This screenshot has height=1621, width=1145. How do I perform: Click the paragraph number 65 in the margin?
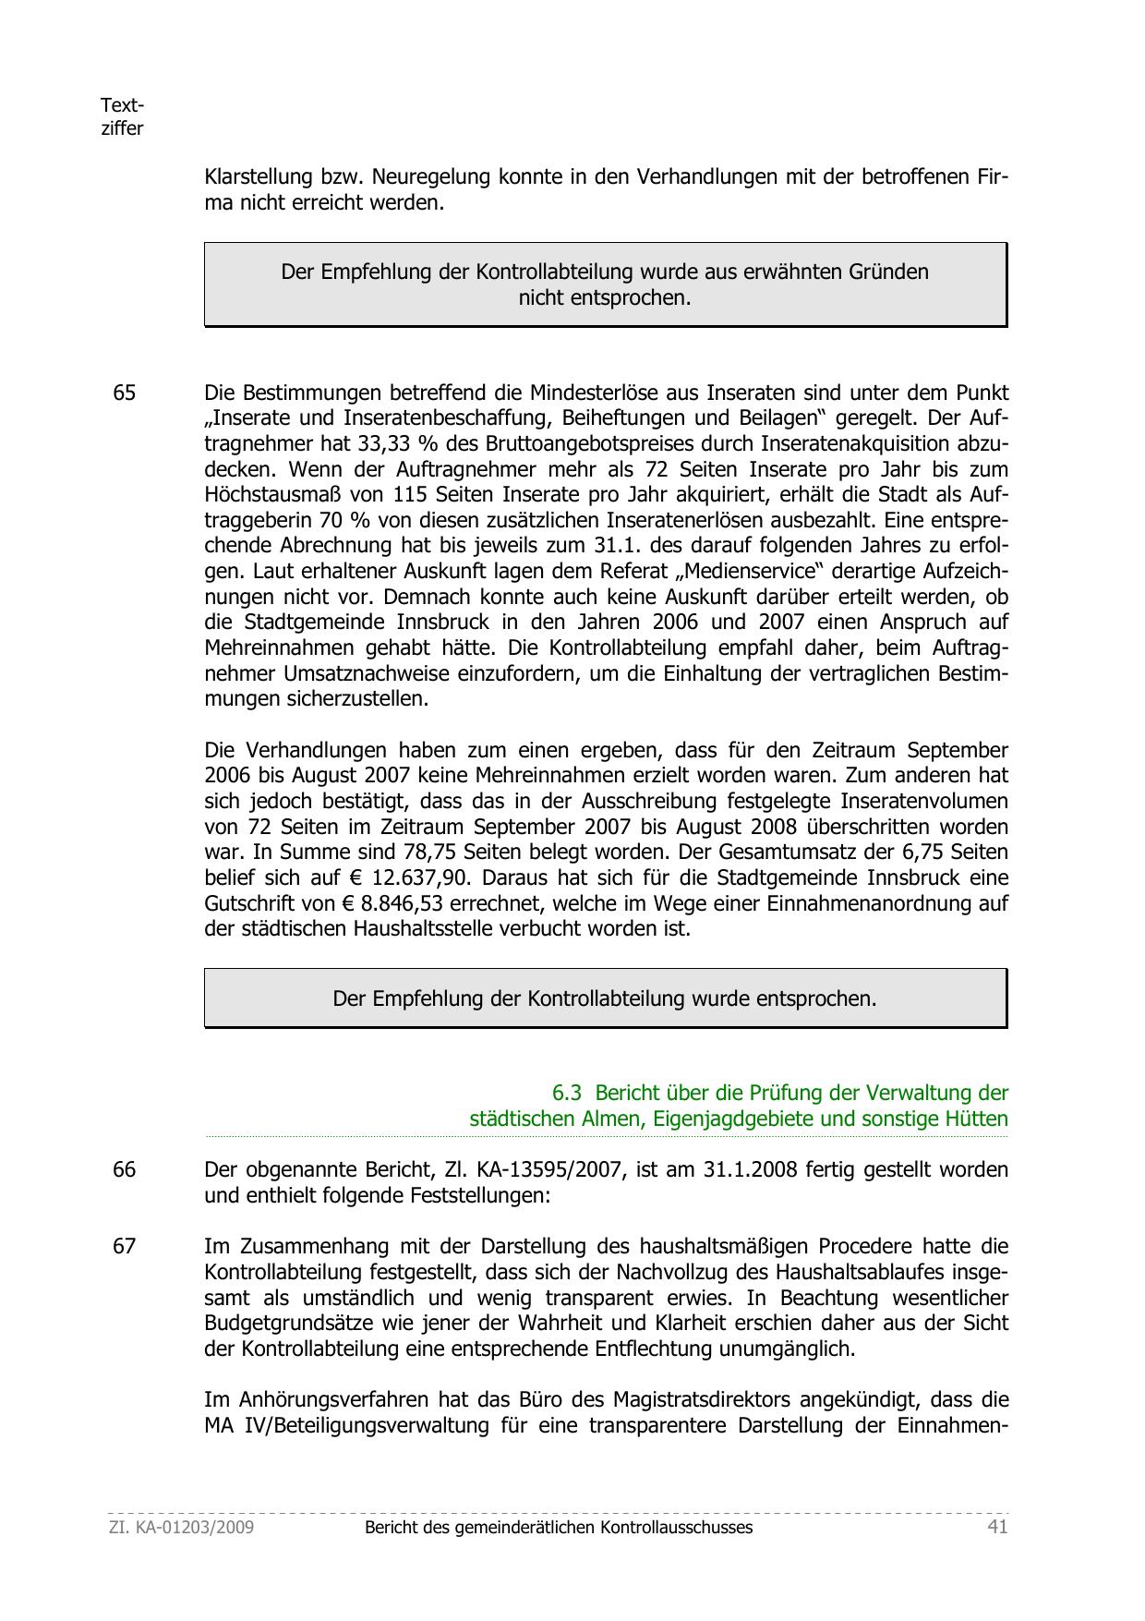click(x=124, y=393)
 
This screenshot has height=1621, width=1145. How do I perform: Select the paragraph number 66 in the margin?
click(x=124, y=1169)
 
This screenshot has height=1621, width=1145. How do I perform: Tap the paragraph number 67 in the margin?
click(x=124, y=1246)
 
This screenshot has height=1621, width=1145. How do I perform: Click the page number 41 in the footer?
click(x=997, y=1527)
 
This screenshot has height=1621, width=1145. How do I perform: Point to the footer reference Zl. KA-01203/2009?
click(x=181, y=1527)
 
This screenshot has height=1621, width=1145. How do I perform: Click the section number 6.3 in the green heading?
click(x=566, y=1093)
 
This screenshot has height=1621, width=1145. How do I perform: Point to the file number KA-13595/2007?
click(x=560, y=1169)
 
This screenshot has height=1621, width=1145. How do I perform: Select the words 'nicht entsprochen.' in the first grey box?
click(x=605, y=298)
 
